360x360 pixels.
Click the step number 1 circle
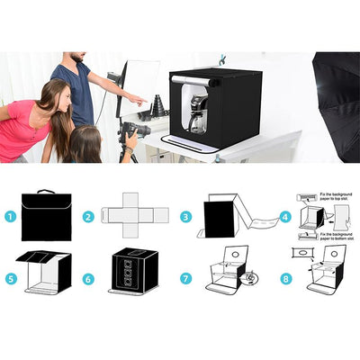(x=10, y=216)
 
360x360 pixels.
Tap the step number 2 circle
(x=89, y=216)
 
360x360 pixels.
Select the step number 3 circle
(x=185, y=216)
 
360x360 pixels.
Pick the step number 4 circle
(x=284, y=216)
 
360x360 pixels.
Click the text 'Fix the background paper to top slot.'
(x=336, y=197)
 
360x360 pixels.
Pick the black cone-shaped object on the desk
(x=158, y=105)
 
